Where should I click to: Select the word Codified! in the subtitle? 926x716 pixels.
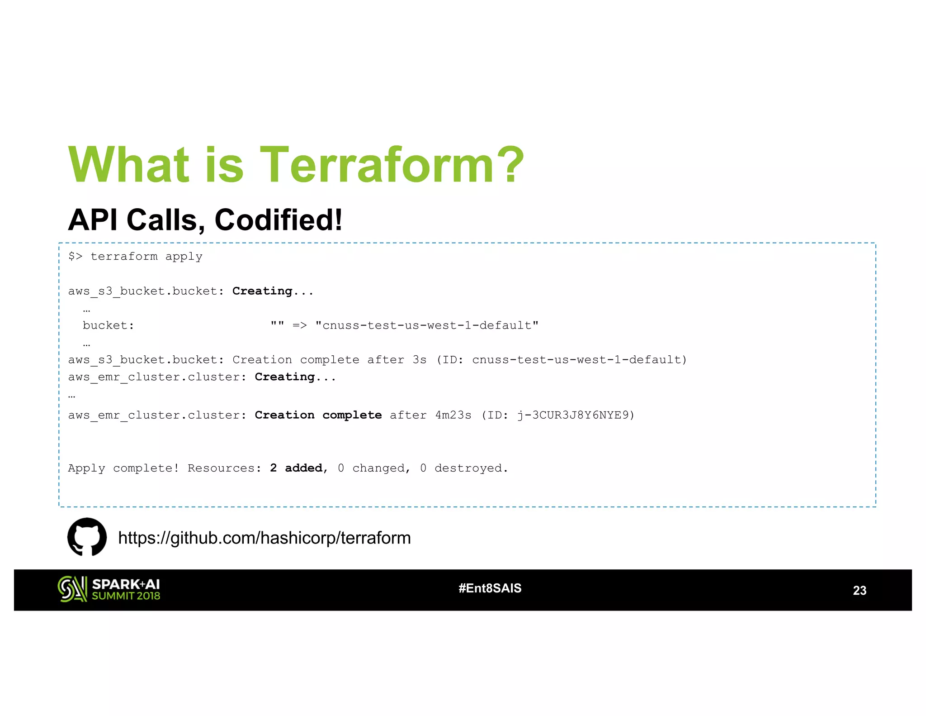278,220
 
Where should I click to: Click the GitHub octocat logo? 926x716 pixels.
87,537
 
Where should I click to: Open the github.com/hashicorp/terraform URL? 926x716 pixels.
264,538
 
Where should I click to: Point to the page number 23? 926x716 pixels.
859,590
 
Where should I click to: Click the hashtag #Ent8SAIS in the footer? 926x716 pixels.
490,588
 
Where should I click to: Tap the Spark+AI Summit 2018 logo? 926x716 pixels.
109,589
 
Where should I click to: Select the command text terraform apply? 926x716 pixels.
146,256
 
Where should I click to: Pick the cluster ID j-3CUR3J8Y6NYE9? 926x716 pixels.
573,415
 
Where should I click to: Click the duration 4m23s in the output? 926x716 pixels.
453,415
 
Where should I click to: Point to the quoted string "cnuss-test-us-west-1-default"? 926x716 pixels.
427,325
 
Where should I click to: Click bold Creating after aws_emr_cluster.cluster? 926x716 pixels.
284,377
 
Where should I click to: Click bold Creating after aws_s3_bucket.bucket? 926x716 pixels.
262,291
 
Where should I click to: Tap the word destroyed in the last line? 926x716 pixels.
468,468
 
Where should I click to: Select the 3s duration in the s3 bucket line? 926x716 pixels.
419,360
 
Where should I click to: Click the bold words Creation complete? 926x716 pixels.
318,415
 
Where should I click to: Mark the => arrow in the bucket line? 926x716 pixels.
299,325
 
